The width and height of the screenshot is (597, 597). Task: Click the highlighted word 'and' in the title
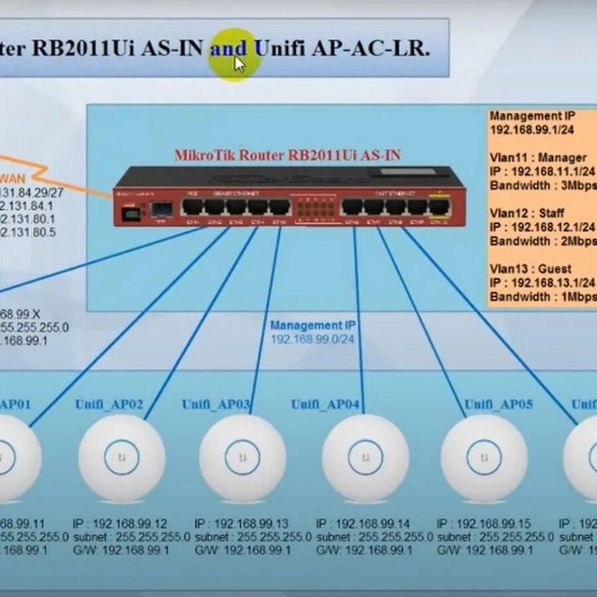coord(228,48)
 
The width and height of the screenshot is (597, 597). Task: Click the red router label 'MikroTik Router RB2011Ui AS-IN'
coord(287,155)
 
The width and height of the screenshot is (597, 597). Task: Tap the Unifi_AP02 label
coord(109,404)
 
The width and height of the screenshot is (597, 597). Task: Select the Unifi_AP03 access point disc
coord(243,457)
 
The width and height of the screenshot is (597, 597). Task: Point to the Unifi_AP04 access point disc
coord(365,457)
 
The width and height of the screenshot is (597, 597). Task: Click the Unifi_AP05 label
coord(498,404)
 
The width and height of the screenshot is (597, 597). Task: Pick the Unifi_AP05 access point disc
coord(484,457)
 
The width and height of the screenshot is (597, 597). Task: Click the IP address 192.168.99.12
coord(129,523)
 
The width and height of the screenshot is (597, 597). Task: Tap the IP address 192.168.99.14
coord(372,523)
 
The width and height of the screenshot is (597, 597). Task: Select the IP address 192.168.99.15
coord(494,523)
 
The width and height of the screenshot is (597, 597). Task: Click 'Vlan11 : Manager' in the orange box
coord(538,158)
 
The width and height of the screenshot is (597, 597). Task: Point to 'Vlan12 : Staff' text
coord(527,214)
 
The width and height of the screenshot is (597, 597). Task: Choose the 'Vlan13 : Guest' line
coord(531,269)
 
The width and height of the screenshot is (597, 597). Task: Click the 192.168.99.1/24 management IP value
coord(532,130)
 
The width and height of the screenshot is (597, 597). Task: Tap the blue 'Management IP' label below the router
coord(312,325)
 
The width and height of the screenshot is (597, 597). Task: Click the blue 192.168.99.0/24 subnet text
coord(312,339)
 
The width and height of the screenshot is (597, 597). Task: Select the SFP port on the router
coord(161,209)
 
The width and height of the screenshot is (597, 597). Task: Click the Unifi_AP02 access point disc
coord(121,457)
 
